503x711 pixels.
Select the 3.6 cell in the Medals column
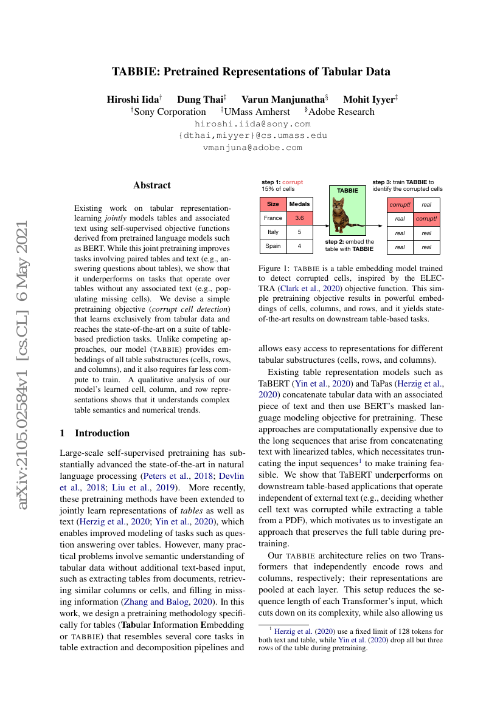299,218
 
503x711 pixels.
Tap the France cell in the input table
273,218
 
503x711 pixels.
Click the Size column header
273,204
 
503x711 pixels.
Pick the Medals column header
299,204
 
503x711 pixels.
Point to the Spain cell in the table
273,246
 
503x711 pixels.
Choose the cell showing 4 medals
299,246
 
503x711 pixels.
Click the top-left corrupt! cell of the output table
400,205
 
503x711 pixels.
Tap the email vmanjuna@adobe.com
252,147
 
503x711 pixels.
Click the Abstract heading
152,185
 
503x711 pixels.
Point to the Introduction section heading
102,433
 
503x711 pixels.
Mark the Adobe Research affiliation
341,112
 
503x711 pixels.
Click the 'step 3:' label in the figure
382,182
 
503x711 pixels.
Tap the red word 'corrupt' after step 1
293,182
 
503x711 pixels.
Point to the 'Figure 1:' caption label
273,268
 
